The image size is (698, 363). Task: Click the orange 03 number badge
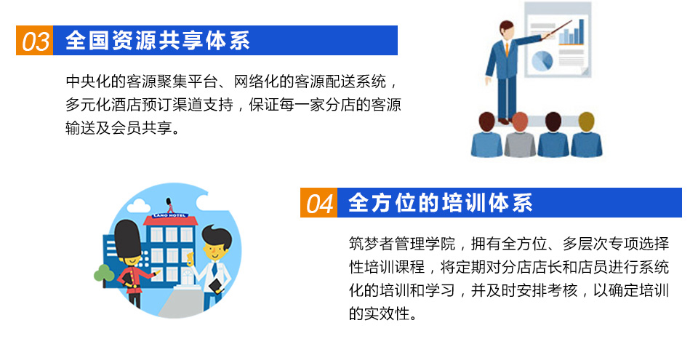point(35,41)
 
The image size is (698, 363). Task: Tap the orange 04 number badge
point(318,203)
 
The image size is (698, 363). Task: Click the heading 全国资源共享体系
point(158,41)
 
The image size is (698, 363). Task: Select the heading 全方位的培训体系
point(441,203)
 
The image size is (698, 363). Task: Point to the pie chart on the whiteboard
point(542,60)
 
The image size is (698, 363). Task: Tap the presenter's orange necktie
point(507,49)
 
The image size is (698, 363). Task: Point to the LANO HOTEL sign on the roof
point(169,215)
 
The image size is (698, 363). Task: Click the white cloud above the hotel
point(138,206)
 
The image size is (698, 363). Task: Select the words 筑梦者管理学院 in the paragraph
point(402,244)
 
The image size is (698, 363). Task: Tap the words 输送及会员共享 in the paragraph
point(119,128)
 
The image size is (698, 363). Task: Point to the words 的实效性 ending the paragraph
point(379,314)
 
